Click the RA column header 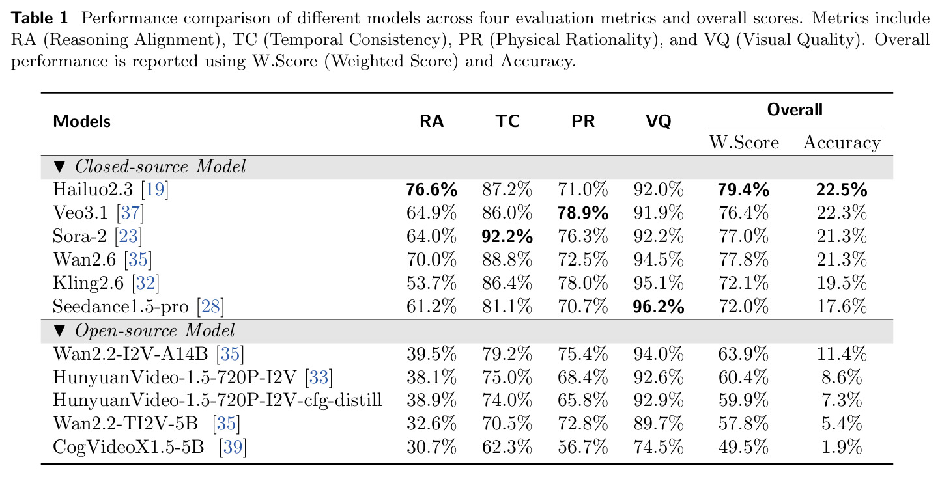click(x=431, y=122)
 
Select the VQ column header click(x=659, y=122)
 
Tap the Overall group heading click(x=794, y=110)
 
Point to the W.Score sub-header click(x=744, y=143)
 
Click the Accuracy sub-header click(x=842, y=143)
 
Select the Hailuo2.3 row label click(x=93, y=189)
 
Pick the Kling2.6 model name click(x=88, y=283)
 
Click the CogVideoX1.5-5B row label click(x=128, y=447)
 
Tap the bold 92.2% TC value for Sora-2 click(x=507, y=237)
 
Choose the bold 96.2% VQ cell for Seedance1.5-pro click(x=659, y=307)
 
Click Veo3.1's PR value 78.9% click(x=582, y=213)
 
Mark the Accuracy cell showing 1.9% click(x=842, y=447)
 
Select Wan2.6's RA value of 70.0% click(x=431, y=260)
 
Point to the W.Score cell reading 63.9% click(x=743, y=354)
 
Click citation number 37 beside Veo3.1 click(x=130, y=213)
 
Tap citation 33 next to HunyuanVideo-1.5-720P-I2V click(x=319, y=377)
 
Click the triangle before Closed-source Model click(x=59, y=167)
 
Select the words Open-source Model click(x=155, y=331)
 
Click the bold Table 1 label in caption click(x=40, y=18)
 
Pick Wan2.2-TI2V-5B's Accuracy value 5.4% click(x=842, y=424)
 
